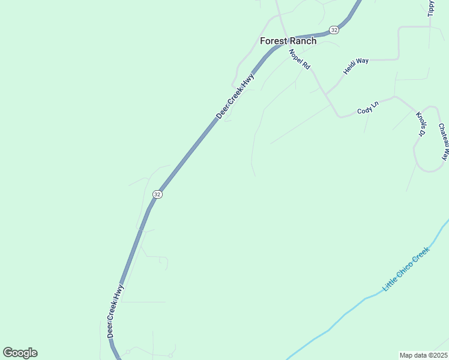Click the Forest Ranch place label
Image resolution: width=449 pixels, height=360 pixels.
click(x=288, y=41)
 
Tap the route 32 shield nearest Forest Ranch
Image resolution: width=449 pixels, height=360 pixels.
click(x=334, y=29)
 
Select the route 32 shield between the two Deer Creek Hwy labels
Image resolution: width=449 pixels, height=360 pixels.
click(x=157, y=194)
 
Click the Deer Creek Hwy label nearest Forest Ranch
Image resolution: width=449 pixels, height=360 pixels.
click(x=235, y=97)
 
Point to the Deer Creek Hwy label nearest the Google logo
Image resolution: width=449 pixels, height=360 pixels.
click(x=115, y=311)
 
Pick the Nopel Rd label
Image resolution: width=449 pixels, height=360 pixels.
click(x=299, y=59)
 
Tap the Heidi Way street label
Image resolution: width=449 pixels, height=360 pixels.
click(x=355, y=66)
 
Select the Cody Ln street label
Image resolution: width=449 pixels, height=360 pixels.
click(x=368, y=108)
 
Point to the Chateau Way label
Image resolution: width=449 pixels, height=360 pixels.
click(x=443, y=142)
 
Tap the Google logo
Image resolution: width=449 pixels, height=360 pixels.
click(x=20, y=353)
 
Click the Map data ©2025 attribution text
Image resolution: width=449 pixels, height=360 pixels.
click(x=424, y=355)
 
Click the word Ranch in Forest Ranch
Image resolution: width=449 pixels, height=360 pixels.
click(x=303, y=41)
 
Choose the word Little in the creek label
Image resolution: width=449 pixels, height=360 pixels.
click(x=391, y=284)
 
